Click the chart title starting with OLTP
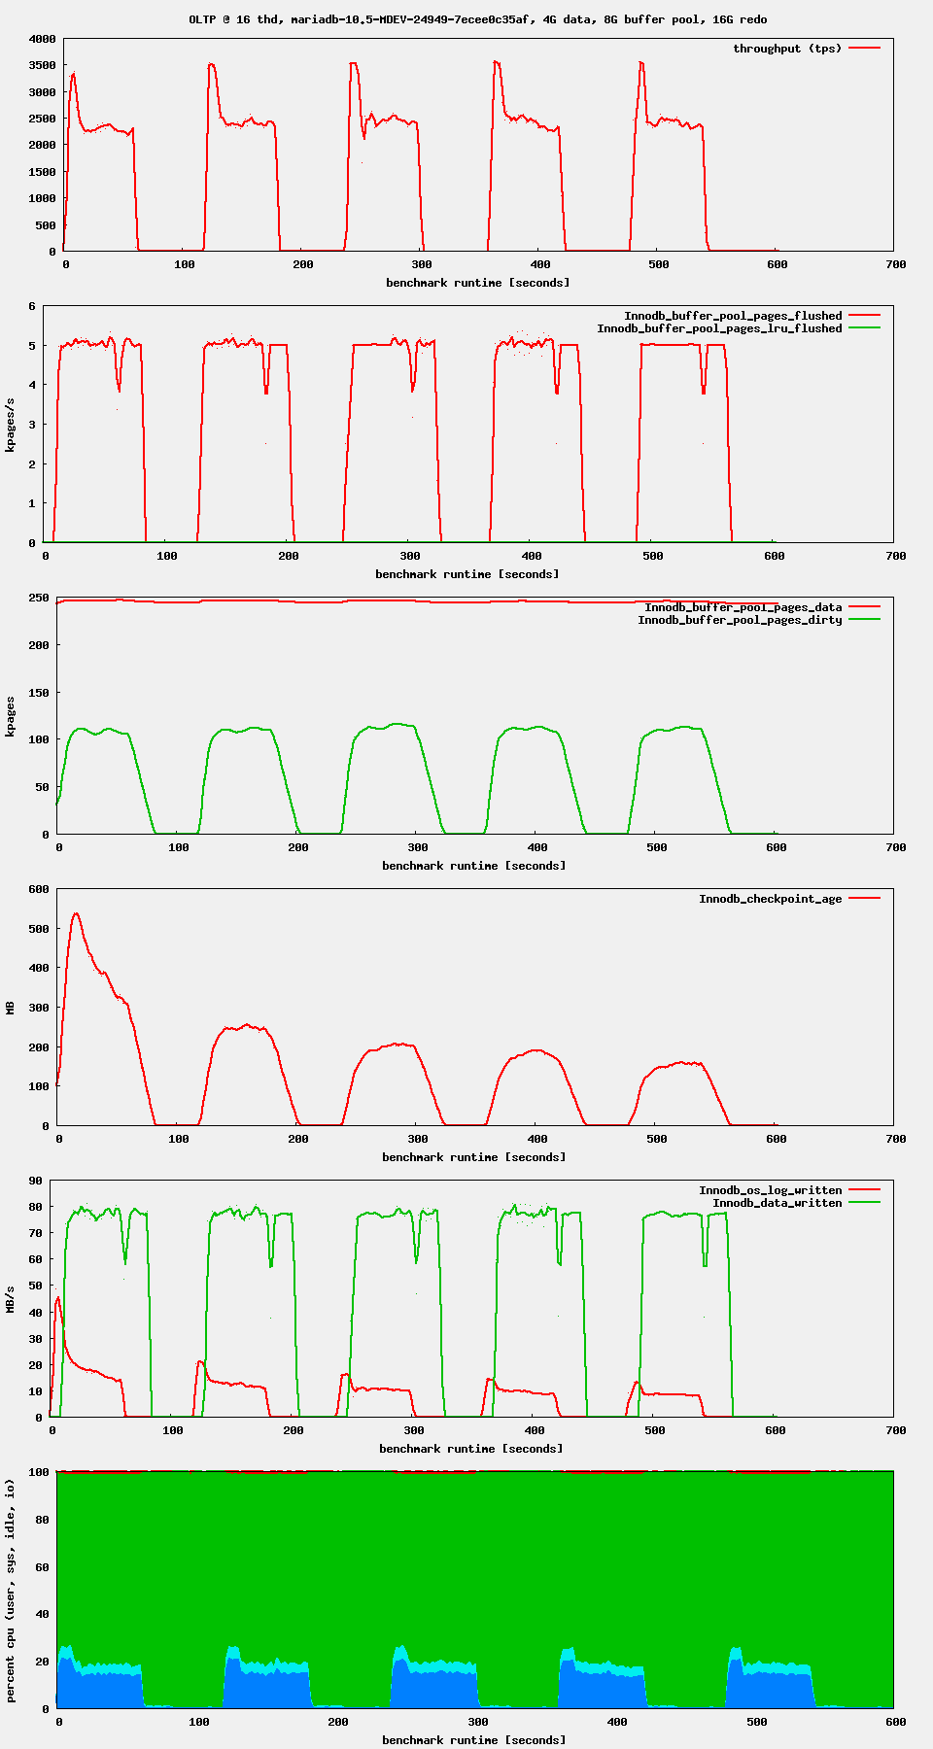[x=477, y=19]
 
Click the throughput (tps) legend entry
[x=787, y=49]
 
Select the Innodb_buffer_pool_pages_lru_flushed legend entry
[x=719, y=328]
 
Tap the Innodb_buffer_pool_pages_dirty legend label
[x=740, y=620]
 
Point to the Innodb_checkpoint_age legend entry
[x=770, y=899]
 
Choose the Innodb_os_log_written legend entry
[x=770, y=1190]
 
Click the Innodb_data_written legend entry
[x=777, y=1203]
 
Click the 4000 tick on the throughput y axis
[x=43, y=40]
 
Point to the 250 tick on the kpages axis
[x=38, y=598]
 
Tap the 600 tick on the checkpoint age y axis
[x=39, y=889]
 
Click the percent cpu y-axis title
[x=12, y=1591]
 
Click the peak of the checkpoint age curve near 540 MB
[x=76, y=913]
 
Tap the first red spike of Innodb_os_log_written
[x=58, y=1298]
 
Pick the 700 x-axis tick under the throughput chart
[x=896, y=264]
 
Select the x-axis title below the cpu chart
[x=473, y=1739]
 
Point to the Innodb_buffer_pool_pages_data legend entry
[x=743, y=607]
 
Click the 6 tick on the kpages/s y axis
[x=32, y=306]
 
